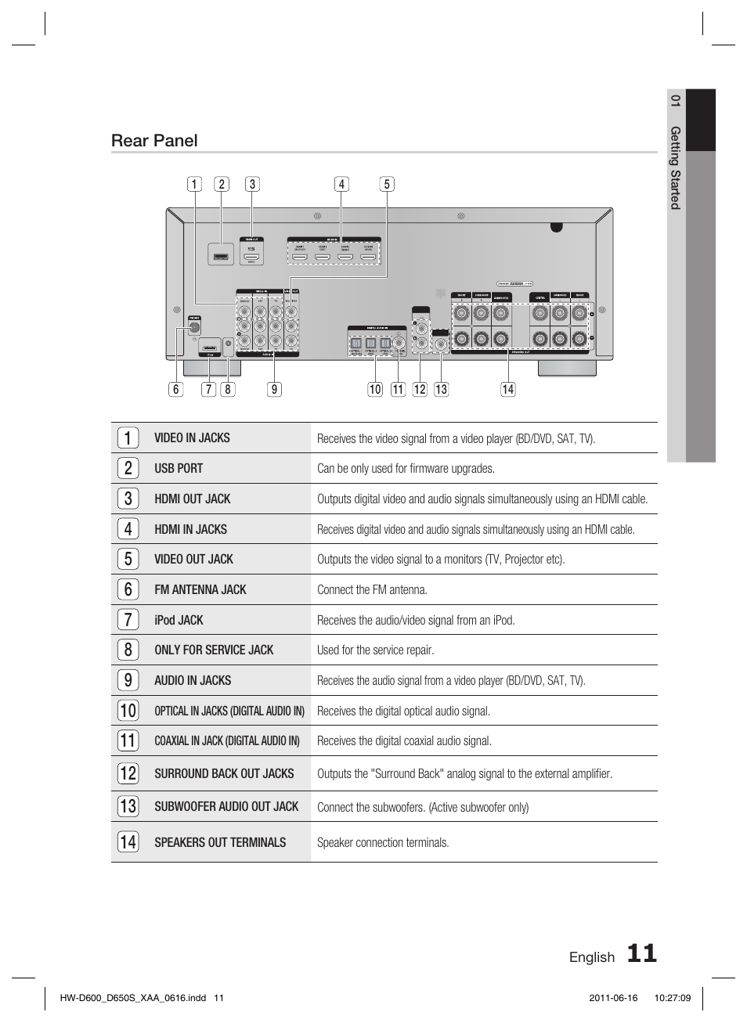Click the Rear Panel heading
(154, 141)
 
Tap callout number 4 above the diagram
(341, 185)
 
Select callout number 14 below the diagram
(508, 389)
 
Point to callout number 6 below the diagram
(175, 389)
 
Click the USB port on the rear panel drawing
(221, 255)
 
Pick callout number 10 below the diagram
(375, 389)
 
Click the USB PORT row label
(179, 468)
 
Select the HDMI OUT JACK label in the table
(193, 499)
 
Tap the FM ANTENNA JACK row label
(200, 589)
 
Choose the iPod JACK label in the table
(179, 620)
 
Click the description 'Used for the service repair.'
(375, 650)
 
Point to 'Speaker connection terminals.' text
(383, 843)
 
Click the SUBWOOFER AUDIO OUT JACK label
(226, 806)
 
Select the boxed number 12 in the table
(128, 773)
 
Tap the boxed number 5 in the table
(128, 559)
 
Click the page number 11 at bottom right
(641, 953)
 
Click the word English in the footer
(592, 957)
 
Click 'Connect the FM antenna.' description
(372, 590)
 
